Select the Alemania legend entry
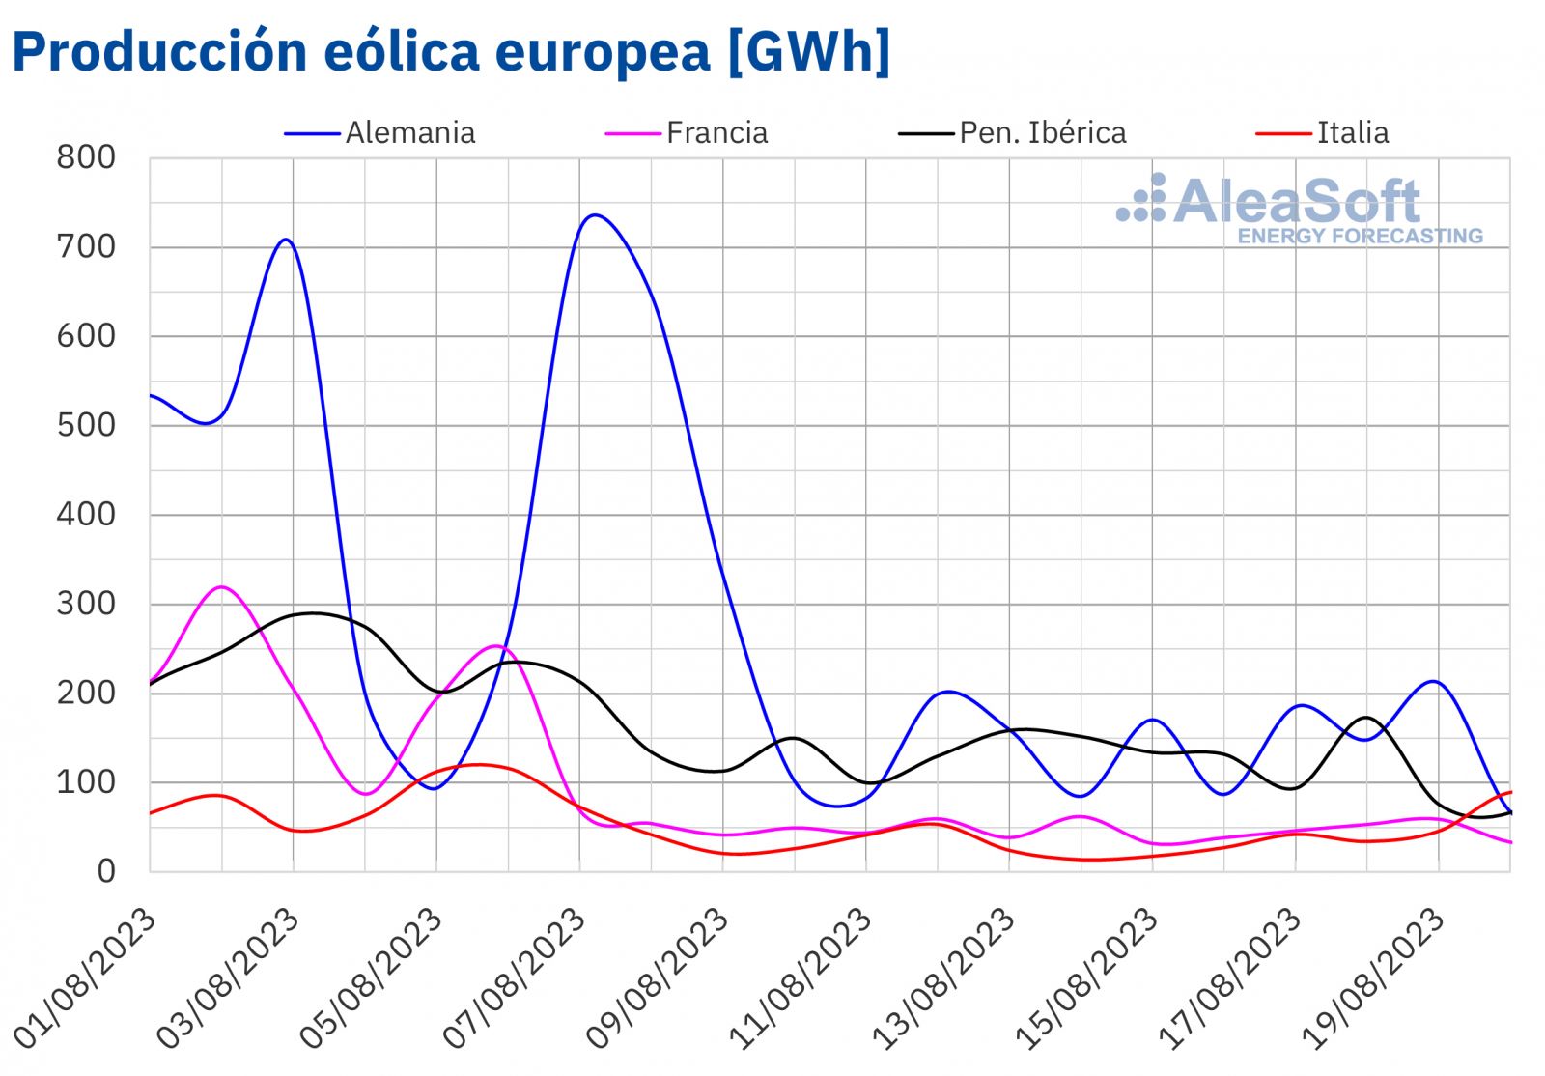coord(409,132)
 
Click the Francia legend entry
coord(716,132)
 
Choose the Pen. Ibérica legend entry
coord(1042,132)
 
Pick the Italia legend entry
coord(1352,132)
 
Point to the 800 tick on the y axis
coord(86,157)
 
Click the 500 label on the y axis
coord(86,425)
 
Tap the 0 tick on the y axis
coord(105,871)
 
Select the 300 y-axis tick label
coord(86,604)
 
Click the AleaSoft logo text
coord(1297,201)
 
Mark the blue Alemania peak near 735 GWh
coord(593,215)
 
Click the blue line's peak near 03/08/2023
coord(286,240)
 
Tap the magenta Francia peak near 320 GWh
coord(222,586)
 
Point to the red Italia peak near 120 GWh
coord(477,765)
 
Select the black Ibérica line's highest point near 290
coord(311,613)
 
